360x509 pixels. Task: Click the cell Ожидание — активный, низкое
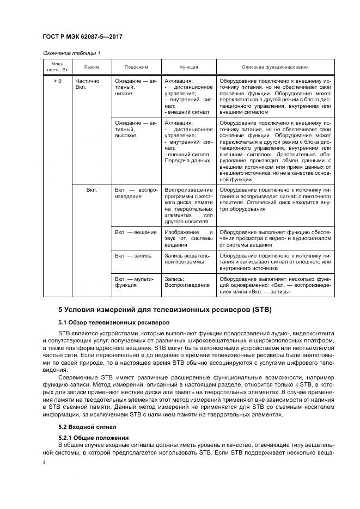pyautogui.click(x=136, y=87)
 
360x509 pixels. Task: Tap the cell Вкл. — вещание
pyautogui.click(x=133, y=232)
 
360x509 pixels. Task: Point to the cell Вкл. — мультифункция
pyautogui.click(x=136, y=281)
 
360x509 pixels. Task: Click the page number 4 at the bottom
pyautogui.click(x=45, y=462)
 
